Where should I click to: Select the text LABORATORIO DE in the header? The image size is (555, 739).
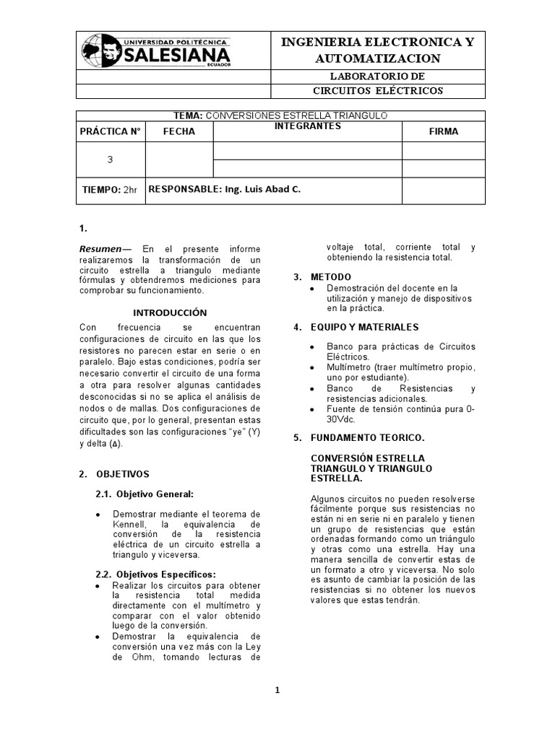[x=378, y=76]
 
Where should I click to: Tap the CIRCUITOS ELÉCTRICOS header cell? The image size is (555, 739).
[x=378, y=90]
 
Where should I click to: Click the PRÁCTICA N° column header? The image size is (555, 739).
[x=110, y=131]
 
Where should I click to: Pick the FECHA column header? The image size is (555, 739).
[x=179, y=131]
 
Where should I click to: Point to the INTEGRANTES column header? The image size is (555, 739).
[x=307, y=126]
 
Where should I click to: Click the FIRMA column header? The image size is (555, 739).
[x=443, y=131]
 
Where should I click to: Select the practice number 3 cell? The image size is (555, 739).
[x=110, y=159]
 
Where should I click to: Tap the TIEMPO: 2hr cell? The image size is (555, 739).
[x=110, y=189]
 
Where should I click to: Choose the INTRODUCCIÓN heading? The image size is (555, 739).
[x=171, y=312]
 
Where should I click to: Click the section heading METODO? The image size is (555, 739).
[x=331, y=277]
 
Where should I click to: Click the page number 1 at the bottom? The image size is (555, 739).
[x=277, y=690]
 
